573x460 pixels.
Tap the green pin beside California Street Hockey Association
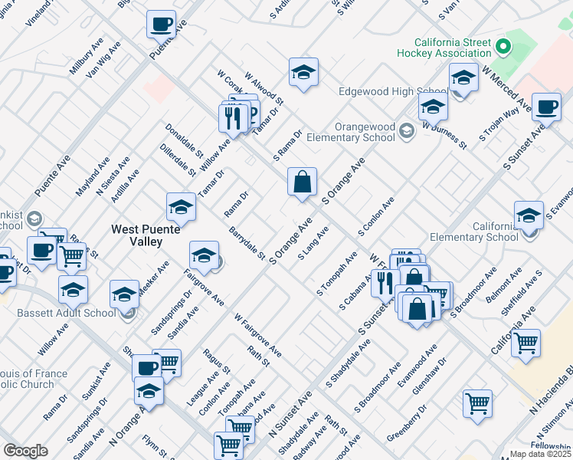pyautogui.click(x=503, y=47)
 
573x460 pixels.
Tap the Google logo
pyautogui.click(x=25, y=451)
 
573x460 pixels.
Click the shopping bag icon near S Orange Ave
pyautogui.click(x=303, y=183)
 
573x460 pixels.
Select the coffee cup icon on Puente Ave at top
pyautogui.click(x=161, y=25)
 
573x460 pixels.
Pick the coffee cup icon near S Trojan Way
pyautogui.click(x=547, y=107)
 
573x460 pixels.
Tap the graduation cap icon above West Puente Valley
pyautogui.click(x=181, y=206)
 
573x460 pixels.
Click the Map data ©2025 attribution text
pyautogui.click(x=541, y=454)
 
